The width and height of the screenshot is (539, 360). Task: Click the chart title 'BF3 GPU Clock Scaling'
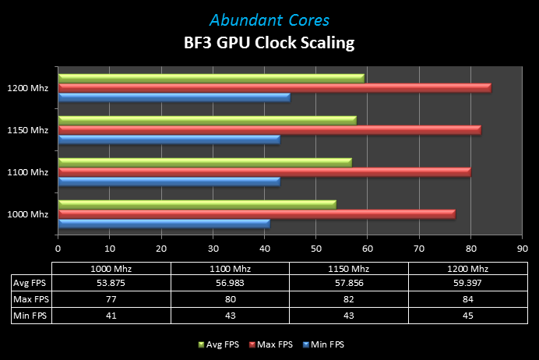269,43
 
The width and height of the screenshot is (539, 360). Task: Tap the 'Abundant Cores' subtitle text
269,19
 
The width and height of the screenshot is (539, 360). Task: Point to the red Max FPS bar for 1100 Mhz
264,171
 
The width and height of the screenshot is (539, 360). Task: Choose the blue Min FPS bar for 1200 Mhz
174,97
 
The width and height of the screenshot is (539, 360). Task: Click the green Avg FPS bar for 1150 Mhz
207,121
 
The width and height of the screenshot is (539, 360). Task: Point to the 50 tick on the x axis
315,249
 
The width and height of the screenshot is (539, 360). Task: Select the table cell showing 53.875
111,282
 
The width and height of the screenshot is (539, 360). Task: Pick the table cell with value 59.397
468,282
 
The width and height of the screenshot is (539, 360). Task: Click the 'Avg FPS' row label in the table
30,282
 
